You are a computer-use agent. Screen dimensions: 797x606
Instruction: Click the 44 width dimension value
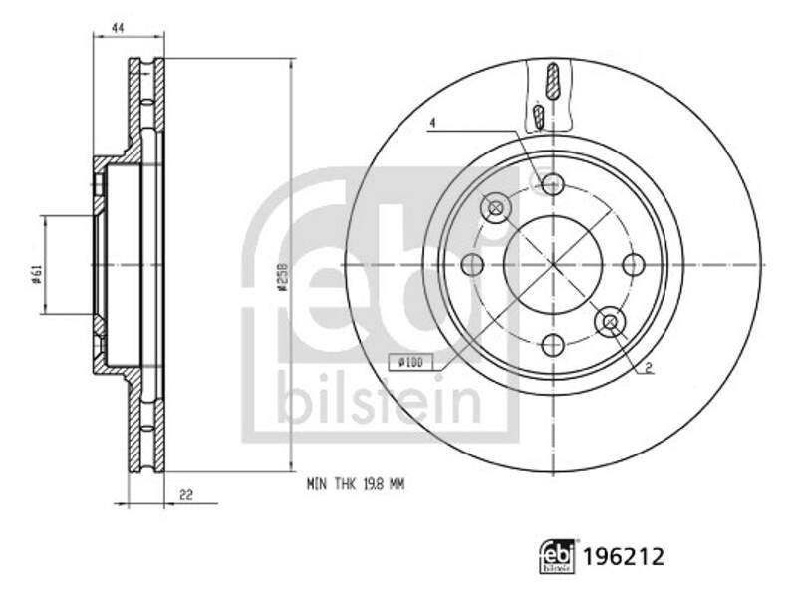click(x=118, y=29)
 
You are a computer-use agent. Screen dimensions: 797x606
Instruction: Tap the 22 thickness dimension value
click(x=186, y=494)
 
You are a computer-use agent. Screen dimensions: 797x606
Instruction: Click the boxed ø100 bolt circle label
click(x=410, y=362)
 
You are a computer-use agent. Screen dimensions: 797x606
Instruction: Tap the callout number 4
click(x=432, y=123)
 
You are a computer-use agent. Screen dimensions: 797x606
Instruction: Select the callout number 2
click(x=649, y=368)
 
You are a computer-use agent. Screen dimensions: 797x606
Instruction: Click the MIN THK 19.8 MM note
click(x=356, y=484)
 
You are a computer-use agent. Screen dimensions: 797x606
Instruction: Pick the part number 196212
click(x=624, y=557)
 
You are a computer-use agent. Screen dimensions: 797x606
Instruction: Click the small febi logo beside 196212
click(x=558, y=557)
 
